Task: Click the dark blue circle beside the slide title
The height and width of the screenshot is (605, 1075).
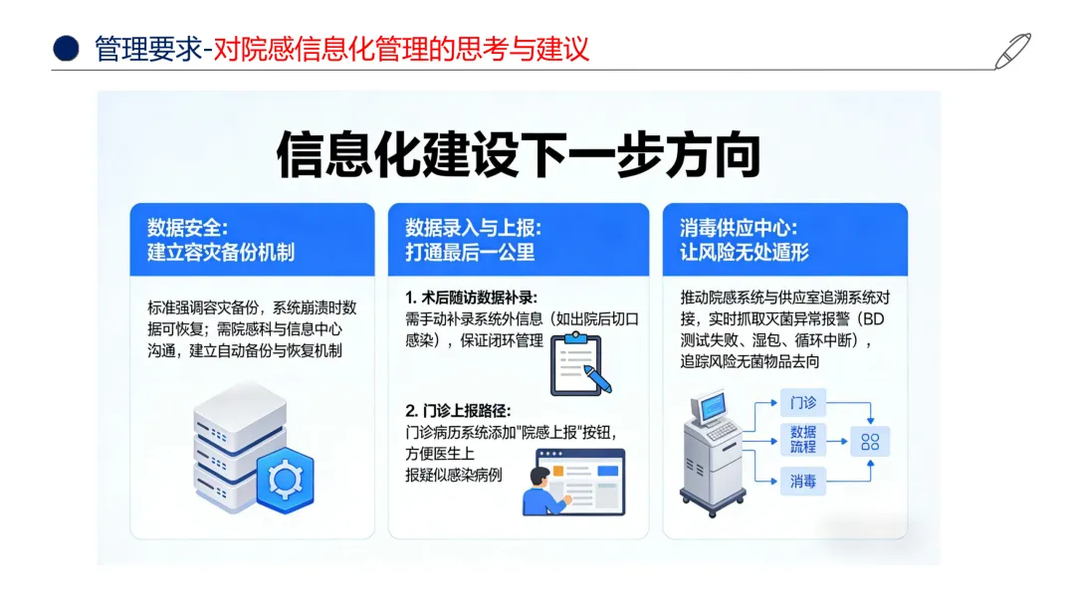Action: [66, 48]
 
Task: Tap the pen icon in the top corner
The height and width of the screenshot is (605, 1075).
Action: [1012, 51]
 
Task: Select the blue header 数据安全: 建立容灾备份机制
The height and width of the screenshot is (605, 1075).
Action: [253, 240]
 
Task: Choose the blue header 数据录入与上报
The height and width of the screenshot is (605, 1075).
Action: [518, 240]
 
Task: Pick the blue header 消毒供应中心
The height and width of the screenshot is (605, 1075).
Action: [784, 240]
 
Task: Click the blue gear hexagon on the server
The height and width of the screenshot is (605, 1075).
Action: [285, 478]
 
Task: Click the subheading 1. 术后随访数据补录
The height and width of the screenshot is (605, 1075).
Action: [471, 298]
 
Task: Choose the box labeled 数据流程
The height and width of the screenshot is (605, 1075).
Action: [802, 439]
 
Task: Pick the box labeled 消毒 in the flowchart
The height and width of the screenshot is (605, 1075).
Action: [802, 482]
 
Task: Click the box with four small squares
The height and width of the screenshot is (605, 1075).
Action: [869, 442]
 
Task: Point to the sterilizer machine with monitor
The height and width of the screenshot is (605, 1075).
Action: [713, 447]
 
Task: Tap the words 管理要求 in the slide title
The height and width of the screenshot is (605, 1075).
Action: [146, 48]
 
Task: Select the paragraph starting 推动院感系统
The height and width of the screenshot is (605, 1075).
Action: [784, 329]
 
